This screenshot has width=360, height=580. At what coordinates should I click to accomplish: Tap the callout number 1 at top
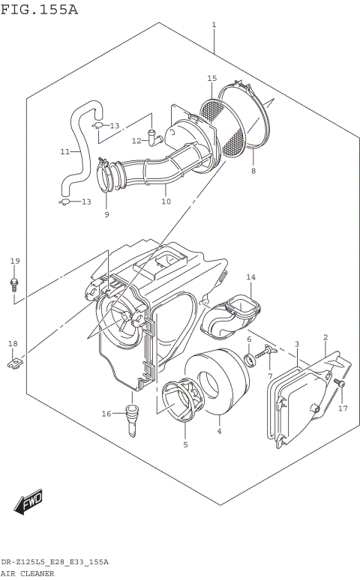[214, 25]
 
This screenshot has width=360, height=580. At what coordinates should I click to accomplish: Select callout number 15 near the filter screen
[211, 79]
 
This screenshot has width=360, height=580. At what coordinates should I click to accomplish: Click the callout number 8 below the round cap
[253, 171]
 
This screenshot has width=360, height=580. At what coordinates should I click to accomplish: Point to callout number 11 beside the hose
[65, 151]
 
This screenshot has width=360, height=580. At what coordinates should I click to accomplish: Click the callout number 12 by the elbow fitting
[136, 140]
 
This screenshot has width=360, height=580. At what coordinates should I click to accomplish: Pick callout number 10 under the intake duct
[166, 201]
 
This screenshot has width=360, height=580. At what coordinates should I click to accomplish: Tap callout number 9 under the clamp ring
[106, 214]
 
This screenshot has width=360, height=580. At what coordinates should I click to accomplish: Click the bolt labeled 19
[14, 283]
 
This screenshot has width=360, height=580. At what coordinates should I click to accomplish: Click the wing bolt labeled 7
[268, 352]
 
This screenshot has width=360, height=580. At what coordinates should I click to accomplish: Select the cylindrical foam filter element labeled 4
[217, 390]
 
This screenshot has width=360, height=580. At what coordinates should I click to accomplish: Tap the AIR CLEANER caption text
[27, 573]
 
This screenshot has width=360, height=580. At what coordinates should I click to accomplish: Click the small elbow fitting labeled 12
[154, 136]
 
